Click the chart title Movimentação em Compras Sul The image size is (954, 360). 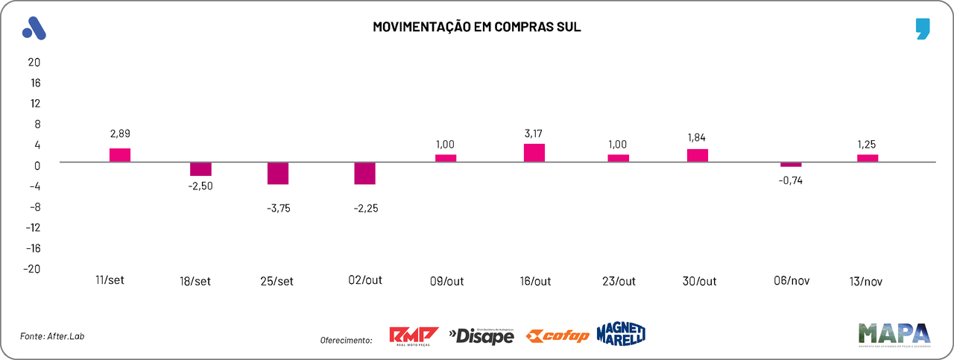click(476, 28)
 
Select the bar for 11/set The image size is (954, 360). click(120, 155)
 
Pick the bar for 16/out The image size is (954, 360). click(534, 153)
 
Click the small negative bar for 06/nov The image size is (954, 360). click(792, 164)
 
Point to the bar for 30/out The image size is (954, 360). click(698, 155)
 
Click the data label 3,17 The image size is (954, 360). click(535, 134)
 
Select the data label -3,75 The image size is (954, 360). click(278, 208)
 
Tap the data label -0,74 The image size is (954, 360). click(790, 180)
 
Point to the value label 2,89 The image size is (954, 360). click(119, 133)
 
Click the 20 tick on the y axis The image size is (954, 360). click(34, 62)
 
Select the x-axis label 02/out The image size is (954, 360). click(365, 281)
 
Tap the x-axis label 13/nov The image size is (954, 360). click(865, 282)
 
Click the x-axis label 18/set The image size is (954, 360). click(195, 282)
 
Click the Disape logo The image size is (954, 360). click(481, 336)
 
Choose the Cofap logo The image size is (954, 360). click(557, 336)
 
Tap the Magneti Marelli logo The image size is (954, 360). click(620, 334)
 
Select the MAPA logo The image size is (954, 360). click(894, 333)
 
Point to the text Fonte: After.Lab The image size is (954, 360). click(48, 337)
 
